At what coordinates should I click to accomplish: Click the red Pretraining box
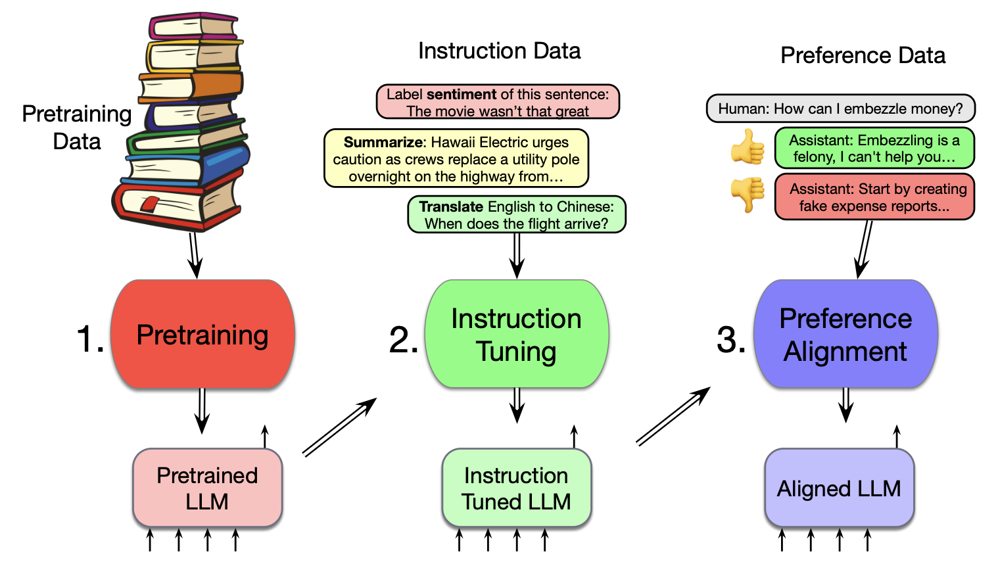[202, 334]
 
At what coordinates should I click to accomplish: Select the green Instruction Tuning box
[517, 334]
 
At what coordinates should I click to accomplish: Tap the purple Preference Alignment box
[845, 334]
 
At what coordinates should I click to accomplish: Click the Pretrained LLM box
[207, 488]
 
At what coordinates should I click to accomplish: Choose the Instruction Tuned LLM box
[517, 488]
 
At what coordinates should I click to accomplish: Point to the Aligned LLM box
[839, 488]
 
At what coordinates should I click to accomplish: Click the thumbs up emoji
[748, 146]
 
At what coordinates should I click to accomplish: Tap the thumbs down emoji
[748, 194]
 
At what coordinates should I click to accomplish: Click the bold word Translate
[451, 206]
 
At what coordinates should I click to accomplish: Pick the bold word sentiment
[461, 94]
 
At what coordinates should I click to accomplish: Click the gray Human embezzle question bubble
[840, 108]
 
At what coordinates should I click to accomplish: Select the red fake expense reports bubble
[874, 197]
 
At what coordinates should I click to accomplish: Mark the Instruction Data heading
[499, 51]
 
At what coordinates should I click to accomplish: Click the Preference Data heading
[863, 55]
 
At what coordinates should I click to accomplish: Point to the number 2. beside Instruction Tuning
[404, 341]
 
